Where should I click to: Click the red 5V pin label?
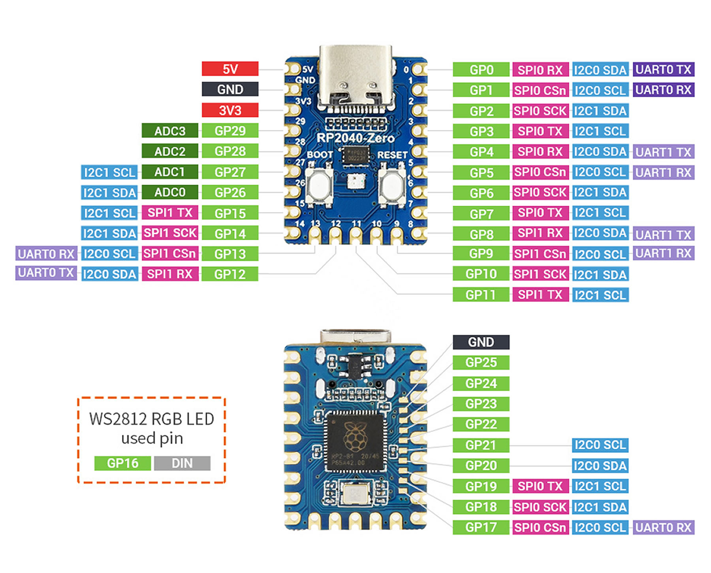(230, 69)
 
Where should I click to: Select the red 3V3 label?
(230, 110)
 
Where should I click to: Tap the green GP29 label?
(230, 131)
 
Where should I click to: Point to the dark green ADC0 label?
(170, 192)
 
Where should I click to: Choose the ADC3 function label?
(170, 131)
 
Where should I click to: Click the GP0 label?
(481, 70)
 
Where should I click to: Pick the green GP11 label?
(481, 295)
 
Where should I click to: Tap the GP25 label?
(481, 362)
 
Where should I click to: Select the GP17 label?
(481, 527)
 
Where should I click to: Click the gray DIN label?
(182, 463)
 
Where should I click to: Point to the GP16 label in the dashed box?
(122, 463)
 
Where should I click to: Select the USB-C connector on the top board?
(355, 77)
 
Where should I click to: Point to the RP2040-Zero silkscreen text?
(355, 138)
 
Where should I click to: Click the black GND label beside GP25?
(481, 342)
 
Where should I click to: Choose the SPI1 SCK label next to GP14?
(170, 233)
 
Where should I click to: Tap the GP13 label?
(230, 254)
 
